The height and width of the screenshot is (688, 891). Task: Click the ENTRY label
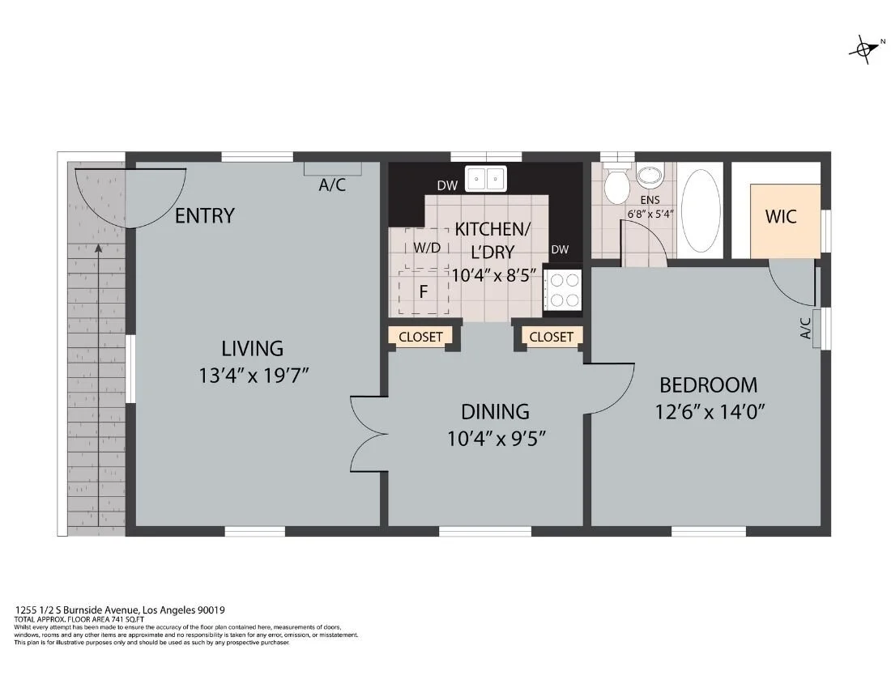(x=205, y=216)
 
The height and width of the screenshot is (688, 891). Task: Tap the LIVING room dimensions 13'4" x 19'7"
(x=254, y=376)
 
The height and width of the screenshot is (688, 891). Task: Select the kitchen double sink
(x=486, y=179)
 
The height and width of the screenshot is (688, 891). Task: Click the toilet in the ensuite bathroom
(x=616, y=184)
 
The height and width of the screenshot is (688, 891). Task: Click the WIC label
(x=781, y=216)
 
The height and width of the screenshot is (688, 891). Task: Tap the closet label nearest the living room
(x=420, y=337)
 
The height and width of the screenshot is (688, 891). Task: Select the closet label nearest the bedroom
(x=551, y=337)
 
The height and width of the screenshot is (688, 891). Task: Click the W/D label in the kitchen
(x=427, y=248)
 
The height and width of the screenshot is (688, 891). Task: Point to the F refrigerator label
(x=424, y=291)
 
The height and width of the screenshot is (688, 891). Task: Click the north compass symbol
(x=865, y=49)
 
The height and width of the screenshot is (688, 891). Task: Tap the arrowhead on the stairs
(x=99, y=248)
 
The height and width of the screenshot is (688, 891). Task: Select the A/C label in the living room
(x=332, y=185)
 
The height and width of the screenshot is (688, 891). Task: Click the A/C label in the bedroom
(x=805, y=328)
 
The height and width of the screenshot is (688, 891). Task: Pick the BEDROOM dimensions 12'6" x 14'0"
(x=710, y=411)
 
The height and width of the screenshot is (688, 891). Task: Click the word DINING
(x=495, y=411)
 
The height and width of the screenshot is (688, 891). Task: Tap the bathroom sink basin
(x=650, y=176)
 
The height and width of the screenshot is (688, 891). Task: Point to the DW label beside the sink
(x=447, y=185)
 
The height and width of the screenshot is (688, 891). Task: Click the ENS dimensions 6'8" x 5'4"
(x=650, y=214)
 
